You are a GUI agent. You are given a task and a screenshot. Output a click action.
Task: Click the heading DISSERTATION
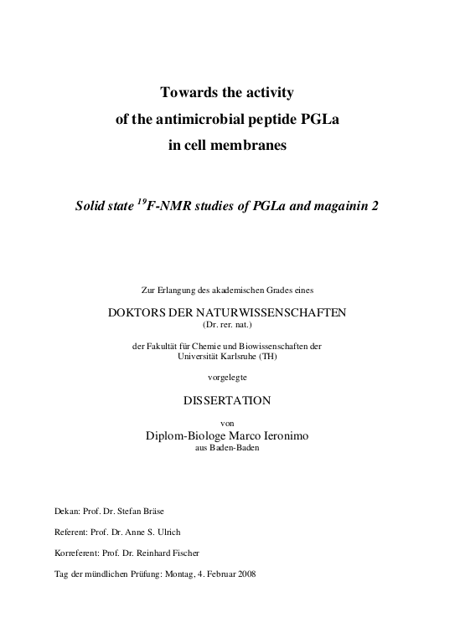[227, 401]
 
